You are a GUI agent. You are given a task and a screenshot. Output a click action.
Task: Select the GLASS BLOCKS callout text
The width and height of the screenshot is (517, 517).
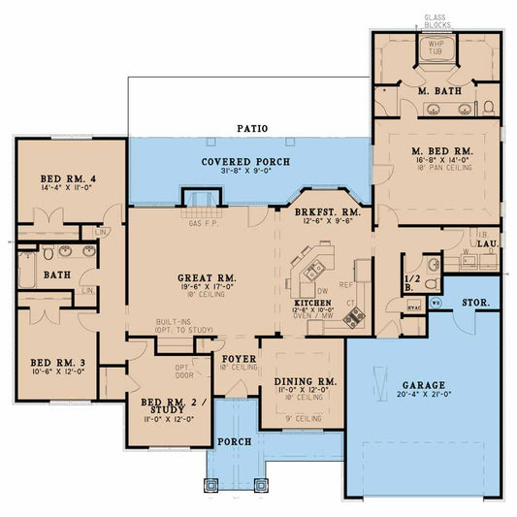pyautogui.click(x=434, y=20)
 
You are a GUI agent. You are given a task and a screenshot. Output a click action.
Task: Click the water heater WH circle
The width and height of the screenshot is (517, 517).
pyautogui.click(x=436, y=304)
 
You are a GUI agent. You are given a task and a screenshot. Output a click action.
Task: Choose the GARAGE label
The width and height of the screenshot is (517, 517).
pyautogui.click(x=425, y=384)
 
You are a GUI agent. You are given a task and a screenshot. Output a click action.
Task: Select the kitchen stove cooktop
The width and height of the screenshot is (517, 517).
pyautogui.click(x=356, y=313)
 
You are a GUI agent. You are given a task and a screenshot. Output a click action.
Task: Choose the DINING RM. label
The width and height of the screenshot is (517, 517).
pyautogui.click(x=306, y=382)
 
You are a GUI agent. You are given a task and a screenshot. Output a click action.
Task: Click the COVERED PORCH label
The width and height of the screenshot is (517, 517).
pyautogui.click(x=244, y=161)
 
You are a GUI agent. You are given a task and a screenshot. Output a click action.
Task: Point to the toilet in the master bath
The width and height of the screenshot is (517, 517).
pyautogui.click(x=488, y=106)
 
